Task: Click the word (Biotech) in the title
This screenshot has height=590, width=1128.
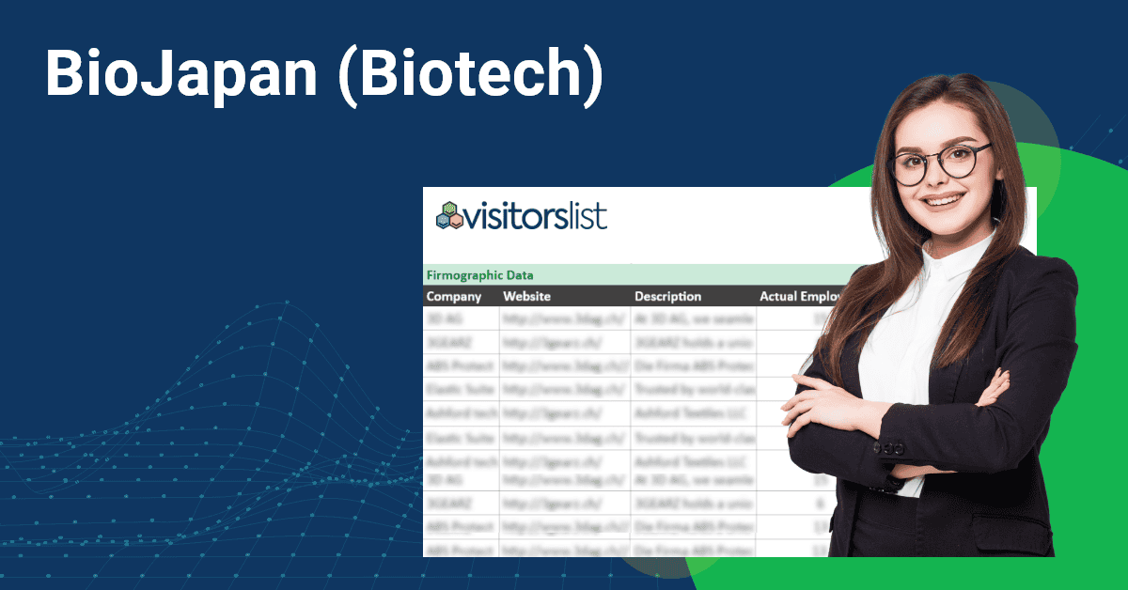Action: point(469,75)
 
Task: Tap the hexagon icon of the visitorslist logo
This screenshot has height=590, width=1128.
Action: point(448,216)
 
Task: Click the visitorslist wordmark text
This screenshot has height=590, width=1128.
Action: point(535,216)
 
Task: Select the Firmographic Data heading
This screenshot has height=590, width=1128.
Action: point(479,275)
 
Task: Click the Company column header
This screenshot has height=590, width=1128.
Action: point(454,296)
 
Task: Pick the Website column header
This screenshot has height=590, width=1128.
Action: point(526,296)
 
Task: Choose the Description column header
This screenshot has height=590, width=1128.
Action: point(667,296)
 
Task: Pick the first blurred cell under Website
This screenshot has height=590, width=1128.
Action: point(564,318)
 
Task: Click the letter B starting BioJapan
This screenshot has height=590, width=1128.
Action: point(64,75)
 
